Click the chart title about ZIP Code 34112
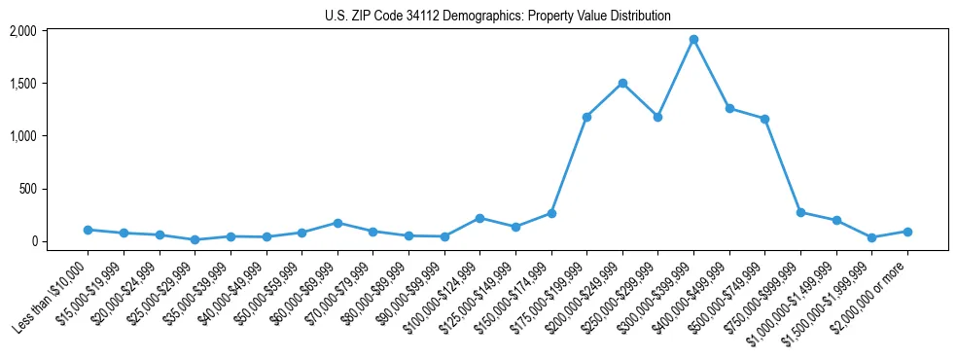click(x=497, y=16)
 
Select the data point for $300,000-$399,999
click(x=693, y=40)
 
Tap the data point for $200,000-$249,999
click(x=622, y=84)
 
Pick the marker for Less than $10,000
click(x=88, y=230)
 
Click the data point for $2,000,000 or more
click(x=907, y=232)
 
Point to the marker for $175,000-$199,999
click(x=586, y=117)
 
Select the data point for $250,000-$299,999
click(x=657, y=117)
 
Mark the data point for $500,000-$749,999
click(x=764, y=119)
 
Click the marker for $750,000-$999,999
click(x=800, y=212)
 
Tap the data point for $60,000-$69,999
click(x=337, y=223)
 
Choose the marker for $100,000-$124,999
click(x=479, y=218)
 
